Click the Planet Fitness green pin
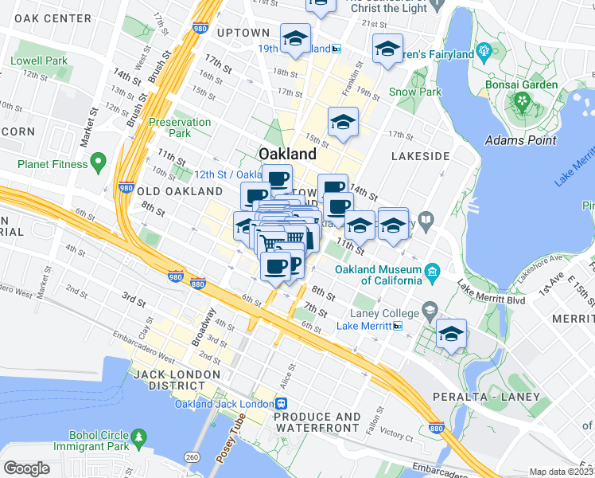pos(98,164)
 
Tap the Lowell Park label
pos(39,61)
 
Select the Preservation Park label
pos(181,127)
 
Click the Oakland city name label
pos(287,153)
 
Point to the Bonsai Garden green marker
pos(522,101)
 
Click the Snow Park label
pos(415,92)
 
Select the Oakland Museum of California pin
pos(432,272)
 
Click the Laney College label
pos(387,312)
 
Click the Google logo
pos(27,468)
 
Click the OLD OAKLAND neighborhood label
pos(180,191)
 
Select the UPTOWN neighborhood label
pos(243,33)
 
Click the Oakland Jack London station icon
pos(282,404)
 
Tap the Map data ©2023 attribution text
pos(561,472)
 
